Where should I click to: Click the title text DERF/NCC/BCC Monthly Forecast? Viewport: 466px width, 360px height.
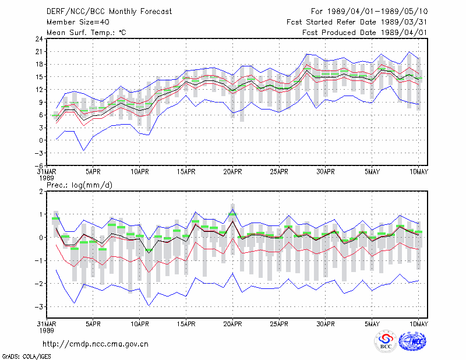(109, 12)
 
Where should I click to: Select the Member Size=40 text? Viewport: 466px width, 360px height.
(78, 22)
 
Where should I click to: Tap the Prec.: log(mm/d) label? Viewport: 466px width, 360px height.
(79, 185)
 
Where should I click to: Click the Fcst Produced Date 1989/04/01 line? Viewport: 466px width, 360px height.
(365, 33)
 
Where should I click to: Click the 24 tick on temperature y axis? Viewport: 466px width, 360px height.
(39, 39)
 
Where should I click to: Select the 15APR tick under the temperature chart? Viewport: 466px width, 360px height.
(186, 172)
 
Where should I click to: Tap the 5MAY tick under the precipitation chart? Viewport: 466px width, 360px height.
(372, 324)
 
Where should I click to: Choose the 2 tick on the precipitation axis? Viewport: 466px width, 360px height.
(41, 192)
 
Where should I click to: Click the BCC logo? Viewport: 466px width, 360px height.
(386, 341)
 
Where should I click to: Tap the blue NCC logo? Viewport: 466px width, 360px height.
(412, 341)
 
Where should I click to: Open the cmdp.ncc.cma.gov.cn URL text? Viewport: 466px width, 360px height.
(96, 344)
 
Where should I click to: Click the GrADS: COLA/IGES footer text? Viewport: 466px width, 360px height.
(26, 357)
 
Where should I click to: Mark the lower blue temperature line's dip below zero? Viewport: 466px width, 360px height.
(84, 150)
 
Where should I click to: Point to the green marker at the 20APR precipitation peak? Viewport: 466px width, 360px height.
(232, 214)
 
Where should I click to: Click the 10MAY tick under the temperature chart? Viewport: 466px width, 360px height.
(419, 172)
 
